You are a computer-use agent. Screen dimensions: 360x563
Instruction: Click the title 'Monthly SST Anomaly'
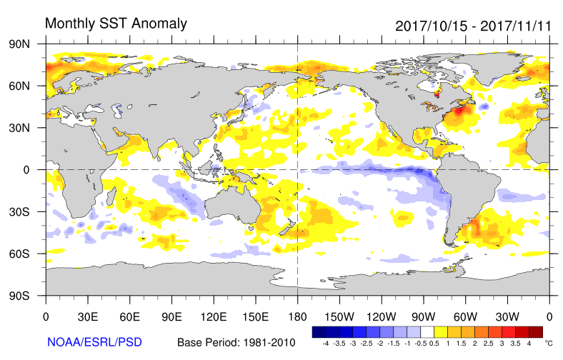tap(116, 23)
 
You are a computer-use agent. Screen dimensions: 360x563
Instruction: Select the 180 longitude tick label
tap(297, 317)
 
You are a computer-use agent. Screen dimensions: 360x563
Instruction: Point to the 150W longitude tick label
tap(339, 317)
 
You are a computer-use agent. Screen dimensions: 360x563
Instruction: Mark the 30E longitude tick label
tap(88, 317)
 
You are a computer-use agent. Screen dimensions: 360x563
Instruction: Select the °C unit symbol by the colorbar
tap(549, 344)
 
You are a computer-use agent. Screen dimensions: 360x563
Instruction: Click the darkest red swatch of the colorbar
tap(536, 332)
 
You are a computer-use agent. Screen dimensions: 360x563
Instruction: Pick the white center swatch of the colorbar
tap(427, 332)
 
